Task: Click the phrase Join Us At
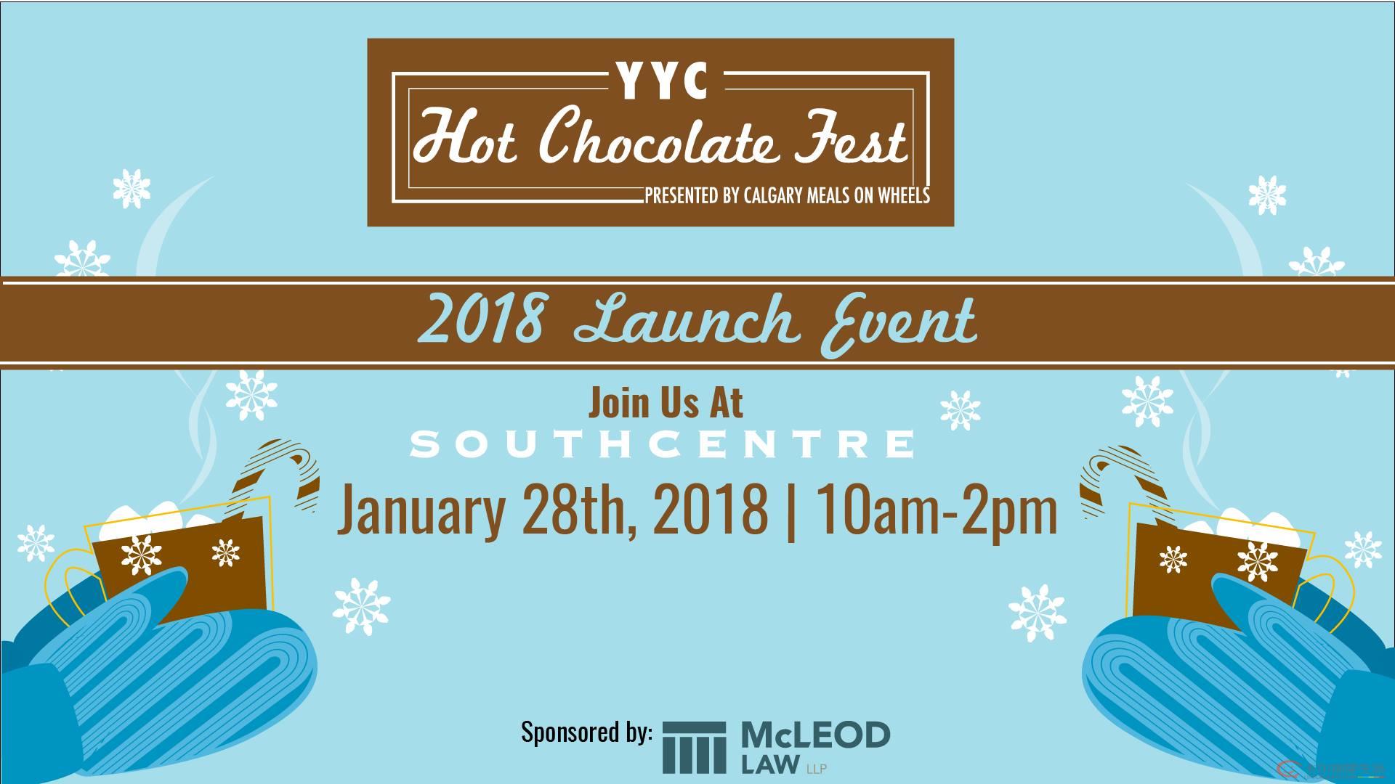[666, 403]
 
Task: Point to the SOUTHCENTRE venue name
[663, 444]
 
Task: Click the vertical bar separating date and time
[790, 511]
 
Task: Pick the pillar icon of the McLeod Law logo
[694, 748]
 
